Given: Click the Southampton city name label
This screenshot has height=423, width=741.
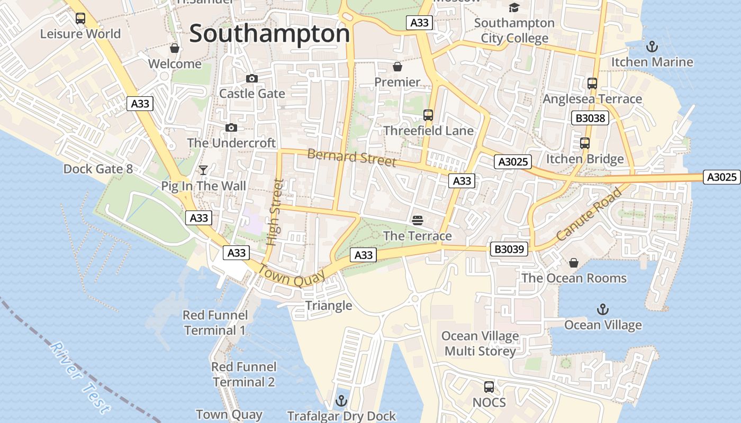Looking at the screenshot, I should point(269,34).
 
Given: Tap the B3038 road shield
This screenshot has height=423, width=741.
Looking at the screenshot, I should point(590,118).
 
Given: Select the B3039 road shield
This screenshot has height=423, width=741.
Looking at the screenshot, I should point(509,249).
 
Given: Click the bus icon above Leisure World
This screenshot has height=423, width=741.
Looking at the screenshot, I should point(80,19).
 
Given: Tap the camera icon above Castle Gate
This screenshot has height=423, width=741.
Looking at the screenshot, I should point(252,79).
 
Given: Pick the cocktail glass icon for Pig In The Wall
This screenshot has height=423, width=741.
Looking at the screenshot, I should point(203,170).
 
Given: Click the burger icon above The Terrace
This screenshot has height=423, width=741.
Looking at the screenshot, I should point(418,220).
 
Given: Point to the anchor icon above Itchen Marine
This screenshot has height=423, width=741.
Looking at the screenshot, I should point(652,47).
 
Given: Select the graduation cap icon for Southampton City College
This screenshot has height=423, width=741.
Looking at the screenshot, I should point(514,7).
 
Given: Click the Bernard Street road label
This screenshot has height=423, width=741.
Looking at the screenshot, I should point(351,158).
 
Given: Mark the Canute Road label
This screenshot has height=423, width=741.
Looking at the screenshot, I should point(589,214).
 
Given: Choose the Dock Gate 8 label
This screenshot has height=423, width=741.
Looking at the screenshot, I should point(98,169).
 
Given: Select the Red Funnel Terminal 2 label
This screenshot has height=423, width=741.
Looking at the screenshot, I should point(243,374).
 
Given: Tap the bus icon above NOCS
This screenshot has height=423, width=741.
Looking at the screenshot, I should point(489,387).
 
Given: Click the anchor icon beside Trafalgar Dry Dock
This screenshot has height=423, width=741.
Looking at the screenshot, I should point(341,400).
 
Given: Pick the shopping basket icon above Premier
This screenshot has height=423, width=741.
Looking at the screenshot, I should point(397,67).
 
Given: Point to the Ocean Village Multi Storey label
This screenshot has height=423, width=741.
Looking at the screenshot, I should point(480,344).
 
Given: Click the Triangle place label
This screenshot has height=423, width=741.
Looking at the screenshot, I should point(328,306).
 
